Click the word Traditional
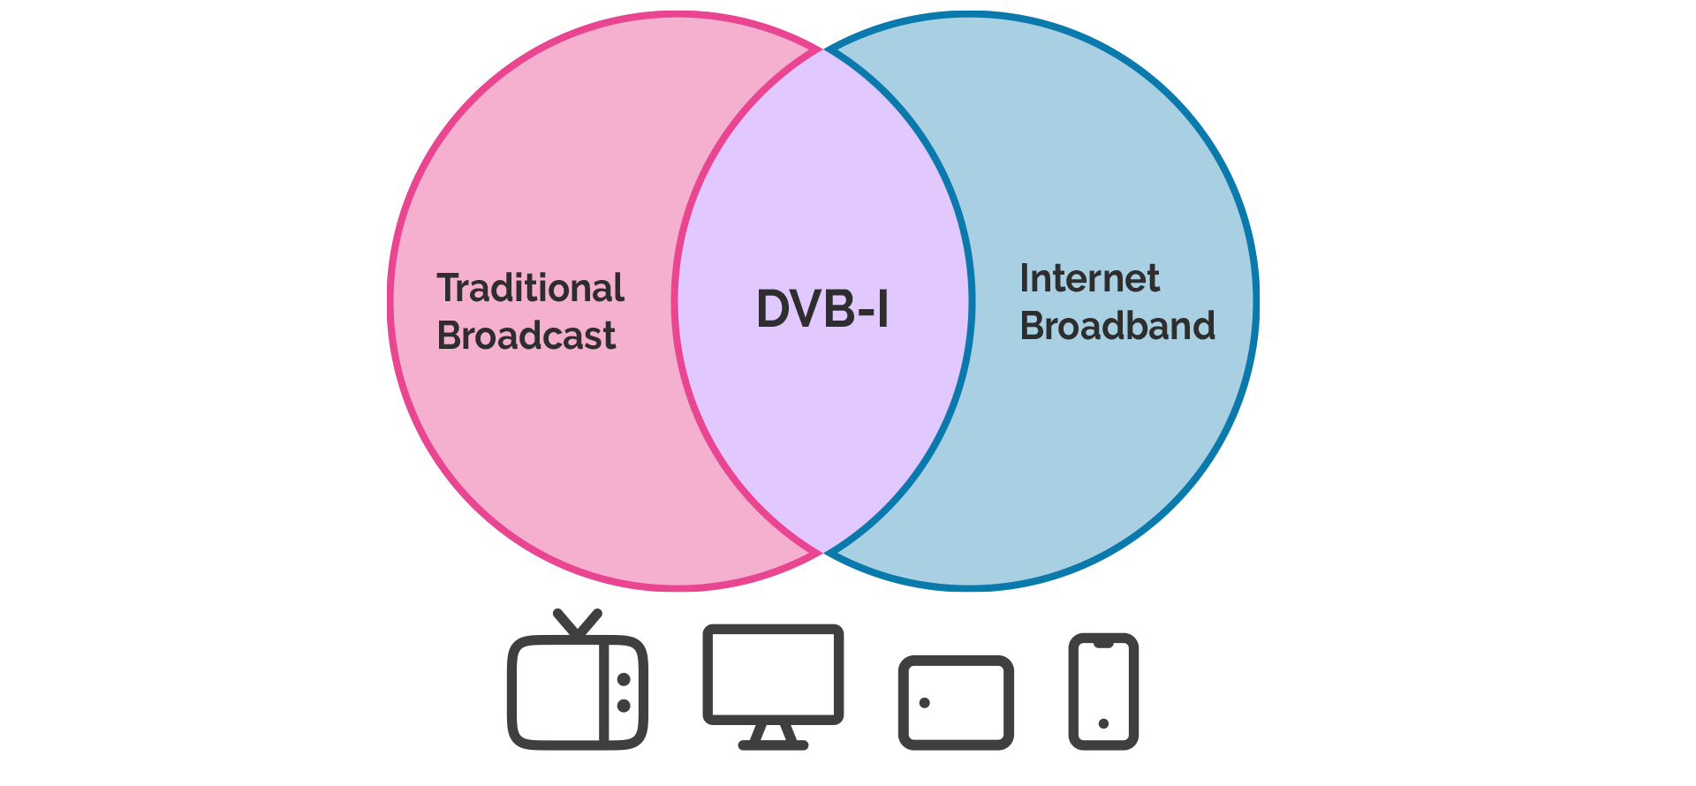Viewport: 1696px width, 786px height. point(530,289)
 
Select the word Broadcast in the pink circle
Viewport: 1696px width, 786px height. point(526,336)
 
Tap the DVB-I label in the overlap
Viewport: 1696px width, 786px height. point(822,309)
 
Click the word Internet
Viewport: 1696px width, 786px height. point(1089,279)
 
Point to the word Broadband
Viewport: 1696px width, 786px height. point(1117,327)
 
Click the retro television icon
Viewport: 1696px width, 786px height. point(577,689)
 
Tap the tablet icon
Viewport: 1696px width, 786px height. point(956,703)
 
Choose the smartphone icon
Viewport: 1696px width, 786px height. point(1103,692)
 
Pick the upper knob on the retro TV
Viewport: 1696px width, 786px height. point(624,679)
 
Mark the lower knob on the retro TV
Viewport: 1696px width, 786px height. point(624,706)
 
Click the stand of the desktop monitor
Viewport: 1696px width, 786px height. point(773,737)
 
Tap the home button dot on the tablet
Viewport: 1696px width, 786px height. point(924,703)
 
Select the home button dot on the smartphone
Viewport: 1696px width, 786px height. point(1103,723)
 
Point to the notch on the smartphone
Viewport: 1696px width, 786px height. point(1103,645)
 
